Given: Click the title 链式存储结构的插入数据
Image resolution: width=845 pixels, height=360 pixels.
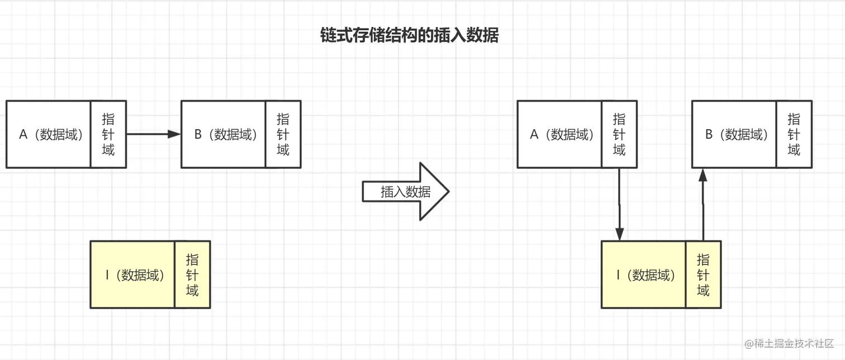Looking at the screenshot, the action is pyautogui.click(x=409, y=35).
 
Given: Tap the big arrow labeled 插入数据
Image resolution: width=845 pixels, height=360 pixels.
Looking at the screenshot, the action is pyautogui.click(x=406, y=192).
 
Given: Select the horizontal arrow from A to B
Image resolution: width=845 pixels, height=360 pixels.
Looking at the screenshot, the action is pyautogui.click(x=154, y=134).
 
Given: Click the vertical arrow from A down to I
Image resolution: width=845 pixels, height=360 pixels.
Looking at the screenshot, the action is pyautogui.click(x=619, y=204).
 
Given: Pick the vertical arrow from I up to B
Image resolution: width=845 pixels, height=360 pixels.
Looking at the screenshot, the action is pyautogui.click(x=703, y=204).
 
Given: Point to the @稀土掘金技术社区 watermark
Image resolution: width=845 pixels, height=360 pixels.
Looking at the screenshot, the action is pyautogui.click(x=789, y=343).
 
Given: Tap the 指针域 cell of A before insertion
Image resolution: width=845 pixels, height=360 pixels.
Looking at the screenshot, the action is pyautogui.click(x=108, y=134).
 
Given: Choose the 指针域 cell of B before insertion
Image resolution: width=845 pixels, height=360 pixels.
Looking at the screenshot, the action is pyautogui.click(x=283, y=134).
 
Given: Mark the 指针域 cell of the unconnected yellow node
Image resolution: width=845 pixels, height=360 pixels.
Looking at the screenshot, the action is pyautogui.click(x=192, y=274).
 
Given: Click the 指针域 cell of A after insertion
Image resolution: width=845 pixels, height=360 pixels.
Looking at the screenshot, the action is pyautogui.click(x=619, y=134).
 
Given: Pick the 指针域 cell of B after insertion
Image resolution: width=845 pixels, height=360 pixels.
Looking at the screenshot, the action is pyautogui.click(x=794, y=134).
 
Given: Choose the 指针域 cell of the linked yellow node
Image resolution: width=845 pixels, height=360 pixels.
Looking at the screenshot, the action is pyautogui.click(x=703, y=274).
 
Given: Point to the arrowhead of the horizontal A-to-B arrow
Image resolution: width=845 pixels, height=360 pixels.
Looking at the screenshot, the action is pyautogui.click(x=174, y=134).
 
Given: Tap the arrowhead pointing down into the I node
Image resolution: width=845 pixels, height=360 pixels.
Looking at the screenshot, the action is pyautogui.click(x=619, y=234).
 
